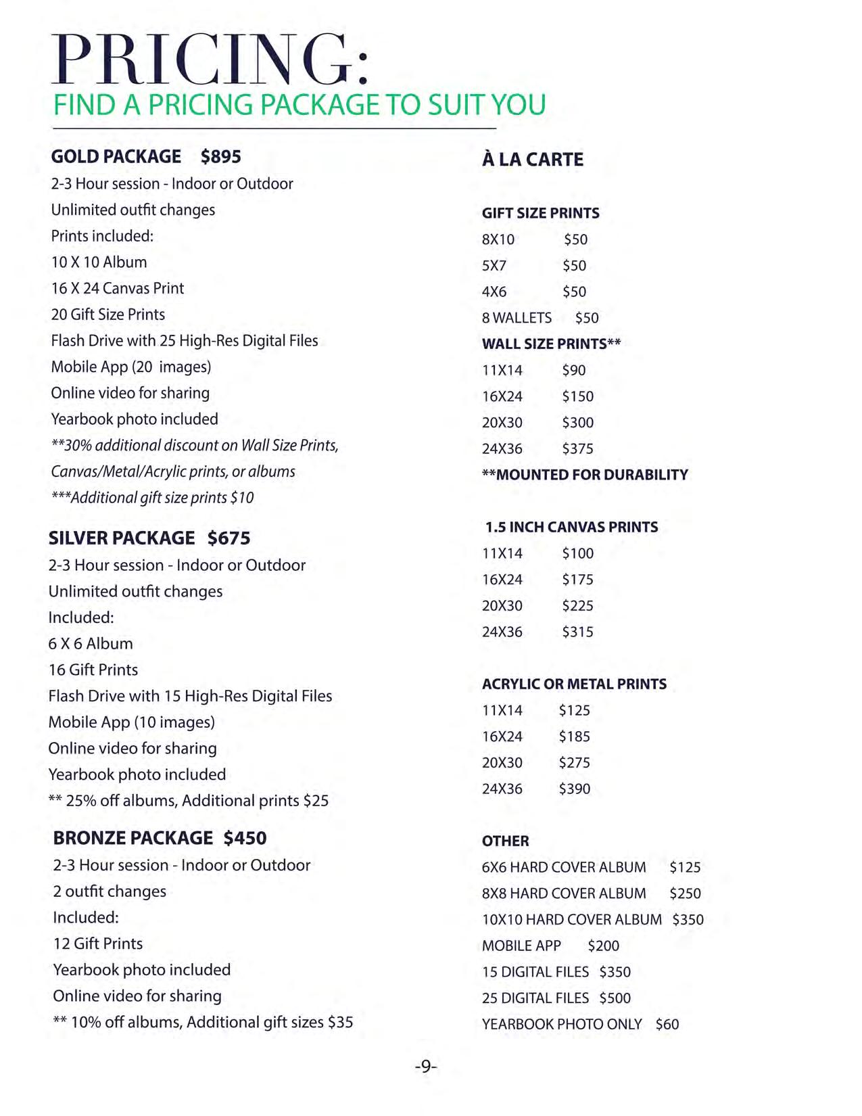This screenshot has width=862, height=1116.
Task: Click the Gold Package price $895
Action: click(220, 157)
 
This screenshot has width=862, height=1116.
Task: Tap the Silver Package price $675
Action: click(229, 538)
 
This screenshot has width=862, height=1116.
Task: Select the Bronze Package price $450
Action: click(245, 838)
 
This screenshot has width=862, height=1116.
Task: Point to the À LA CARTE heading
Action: click(533, 160)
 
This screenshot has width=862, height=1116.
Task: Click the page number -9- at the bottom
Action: click(426, 1067)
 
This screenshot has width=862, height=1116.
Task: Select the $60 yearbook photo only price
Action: click(667, 1024)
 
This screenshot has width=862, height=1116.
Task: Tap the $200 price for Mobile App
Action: click(603, 946)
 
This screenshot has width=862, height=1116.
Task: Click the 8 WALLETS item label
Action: click(517, 318)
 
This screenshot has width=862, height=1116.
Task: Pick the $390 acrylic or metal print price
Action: click(574, 789)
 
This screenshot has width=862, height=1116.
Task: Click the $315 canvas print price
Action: click(577, 632)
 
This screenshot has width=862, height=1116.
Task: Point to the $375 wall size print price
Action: click(577, 448)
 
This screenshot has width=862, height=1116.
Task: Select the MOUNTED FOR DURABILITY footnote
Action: click(585, 475)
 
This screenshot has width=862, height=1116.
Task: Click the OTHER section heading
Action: click(506, 841)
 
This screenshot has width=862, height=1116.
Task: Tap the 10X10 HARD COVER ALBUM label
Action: click(572, 920)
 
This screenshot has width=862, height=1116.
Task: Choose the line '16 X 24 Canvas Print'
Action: click(118, 288)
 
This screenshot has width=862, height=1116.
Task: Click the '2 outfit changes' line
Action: click(110, 891)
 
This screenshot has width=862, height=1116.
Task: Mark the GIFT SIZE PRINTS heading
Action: click(541, 213)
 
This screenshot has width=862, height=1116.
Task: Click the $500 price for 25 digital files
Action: click(615, 998)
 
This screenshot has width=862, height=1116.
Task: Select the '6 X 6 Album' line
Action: click(91, 644)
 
